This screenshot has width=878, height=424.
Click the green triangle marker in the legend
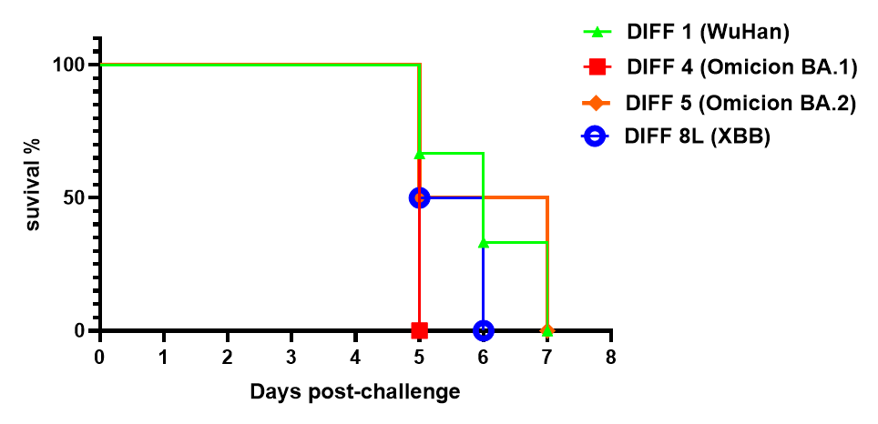click(x=597, y=32)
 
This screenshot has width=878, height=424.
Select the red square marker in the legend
click(x=597, y=66)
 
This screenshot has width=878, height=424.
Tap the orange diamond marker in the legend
click(x=596, y=103)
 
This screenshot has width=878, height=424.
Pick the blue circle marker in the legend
click(x=595, y=136)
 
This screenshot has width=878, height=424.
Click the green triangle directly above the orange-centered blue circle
click(x=419, y=154)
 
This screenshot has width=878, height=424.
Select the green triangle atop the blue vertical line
click(x=484, y=243)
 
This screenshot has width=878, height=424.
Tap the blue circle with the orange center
click(x=419, y=197)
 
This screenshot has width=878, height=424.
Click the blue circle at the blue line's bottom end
click(x=484, y=330)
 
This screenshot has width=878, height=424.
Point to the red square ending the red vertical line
click(x=419, y=330)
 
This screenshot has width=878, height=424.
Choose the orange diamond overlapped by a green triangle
click(x=546, y=330)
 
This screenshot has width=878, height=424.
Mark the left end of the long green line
click(x=102, y=65)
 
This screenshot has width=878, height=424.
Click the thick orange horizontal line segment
click(x=515, y=197)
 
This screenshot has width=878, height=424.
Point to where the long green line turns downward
click(x=419, y=65)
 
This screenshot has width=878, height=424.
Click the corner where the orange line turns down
click(x=546, y=197)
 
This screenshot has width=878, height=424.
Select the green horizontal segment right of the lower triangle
click(x=516, y=242)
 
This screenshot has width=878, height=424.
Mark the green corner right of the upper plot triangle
click(x=483, y=154)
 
